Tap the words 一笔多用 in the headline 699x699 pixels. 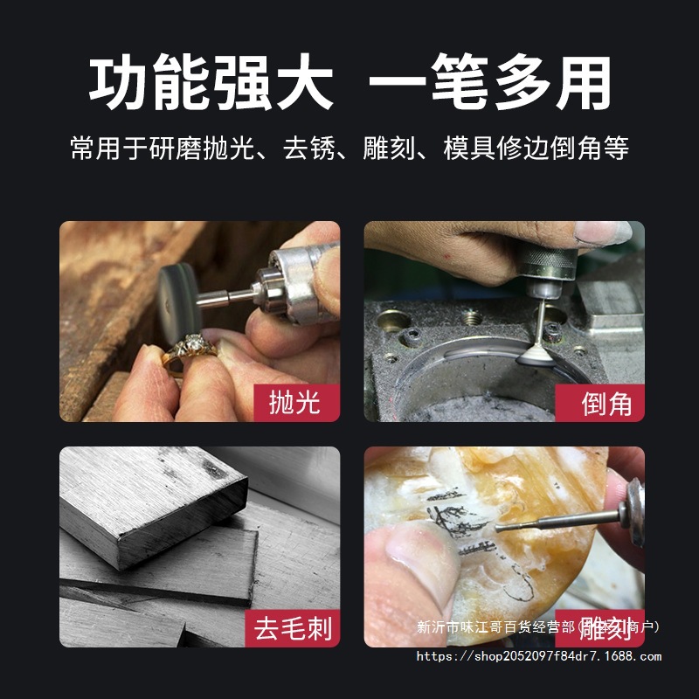coord(489,86)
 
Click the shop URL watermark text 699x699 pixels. coord(538,656)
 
